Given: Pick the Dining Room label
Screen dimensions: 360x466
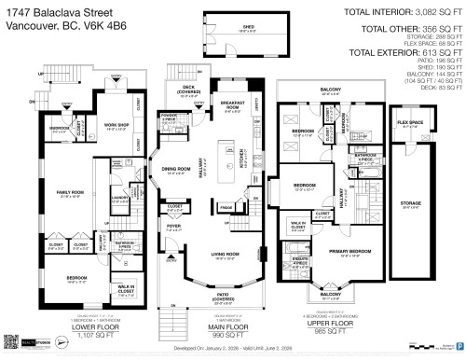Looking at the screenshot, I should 177,170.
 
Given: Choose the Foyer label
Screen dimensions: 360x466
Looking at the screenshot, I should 171,224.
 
